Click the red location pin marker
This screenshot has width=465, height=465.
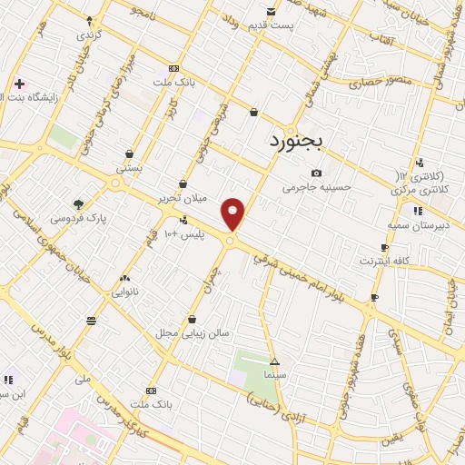[x=233, y=213]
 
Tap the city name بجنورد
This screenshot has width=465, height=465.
[x=302, y=142]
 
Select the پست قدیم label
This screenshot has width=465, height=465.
[x=272, y=25]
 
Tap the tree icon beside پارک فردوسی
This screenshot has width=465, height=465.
[x=77, y=204]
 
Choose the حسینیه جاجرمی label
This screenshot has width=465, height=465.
[x=316, y=187]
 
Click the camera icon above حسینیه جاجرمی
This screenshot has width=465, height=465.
[x=316, y=173]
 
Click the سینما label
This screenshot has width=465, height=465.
[x=274, y=373]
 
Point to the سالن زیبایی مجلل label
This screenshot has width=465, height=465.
[x=193, y=333]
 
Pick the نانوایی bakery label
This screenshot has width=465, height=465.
[x=124, y=292]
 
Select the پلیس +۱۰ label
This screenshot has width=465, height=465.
[x=184, y=234]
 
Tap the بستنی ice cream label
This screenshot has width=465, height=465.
[x=129, y=168]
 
